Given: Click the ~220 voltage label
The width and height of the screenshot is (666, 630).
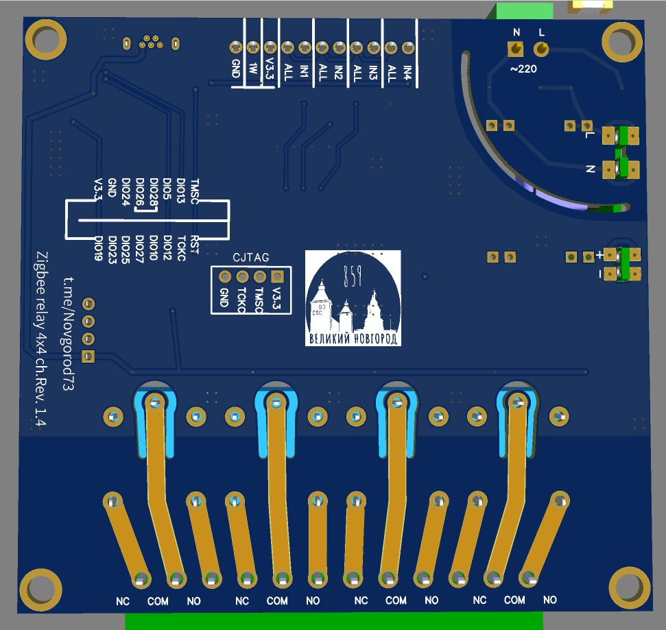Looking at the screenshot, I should (523, 69).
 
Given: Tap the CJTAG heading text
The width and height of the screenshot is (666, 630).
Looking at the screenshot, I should (250, 258).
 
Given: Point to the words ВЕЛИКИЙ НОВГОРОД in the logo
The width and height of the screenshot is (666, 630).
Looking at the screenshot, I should (353, 339).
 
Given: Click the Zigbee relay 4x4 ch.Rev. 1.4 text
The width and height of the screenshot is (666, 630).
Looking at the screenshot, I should (40, 339).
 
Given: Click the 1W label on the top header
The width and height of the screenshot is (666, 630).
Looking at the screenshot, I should (252, 69).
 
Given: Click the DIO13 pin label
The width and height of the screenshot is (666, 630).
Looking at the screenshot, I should (181, 189).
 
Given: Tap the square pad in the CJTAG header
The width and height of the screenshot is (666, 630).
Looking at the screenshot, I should (276, 277).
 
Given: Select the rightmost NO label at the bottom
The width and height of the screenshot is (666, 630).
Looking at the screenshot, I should (549, 601).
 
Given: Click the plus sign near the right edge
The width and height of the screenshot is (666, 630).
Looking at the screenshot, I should (600, 255).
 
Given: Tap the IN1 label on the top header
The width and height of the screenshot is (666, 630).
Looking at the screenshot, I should (305, 71).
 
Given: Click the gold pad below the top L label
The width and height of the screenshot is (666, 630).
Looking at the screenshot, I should (540, 49).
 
